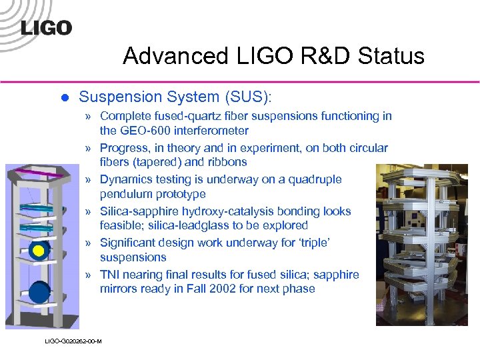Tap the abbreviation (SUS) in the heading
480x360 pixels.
[x=245, y=97]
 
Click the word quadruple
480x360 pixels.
[x=313, y=179]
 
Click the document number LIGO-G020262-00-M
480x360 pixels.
[x=73, y=341]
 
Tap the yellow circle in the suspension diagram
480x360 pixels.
[x=39, y=251]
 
